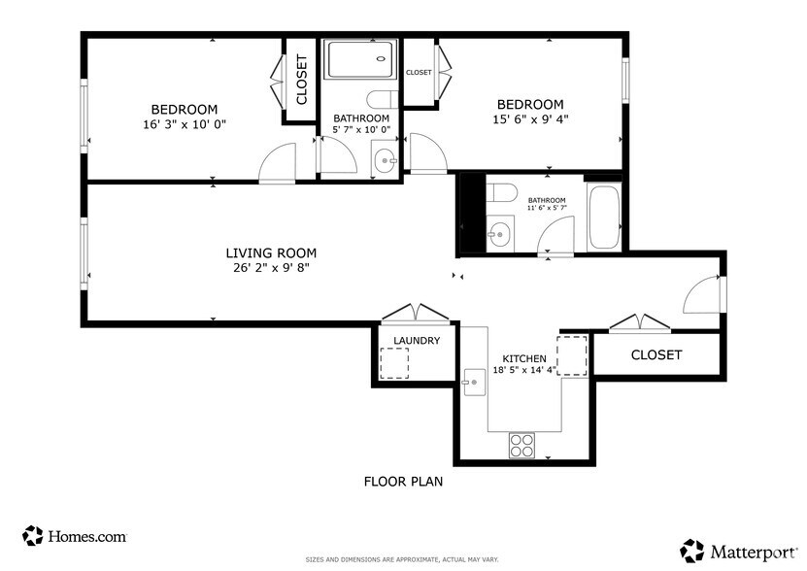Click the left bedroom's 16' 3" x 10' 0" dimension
184,124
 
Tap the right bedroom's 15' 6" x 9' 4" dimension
530,119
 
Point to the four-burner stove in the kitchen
521,444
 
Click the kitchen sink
474,383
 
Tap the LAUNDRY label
417,341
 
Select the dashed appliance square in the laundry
393,363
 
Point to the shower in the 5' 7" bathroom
360,62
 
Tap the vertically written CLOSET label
301,80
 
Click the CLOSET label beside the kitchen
656,354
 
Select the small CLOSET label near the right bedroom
419,73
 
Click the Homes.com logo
75,535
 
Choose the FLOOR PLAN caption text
403,481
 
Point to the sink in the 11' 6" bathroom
499,233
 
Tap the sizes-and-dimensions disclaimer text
402,559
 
